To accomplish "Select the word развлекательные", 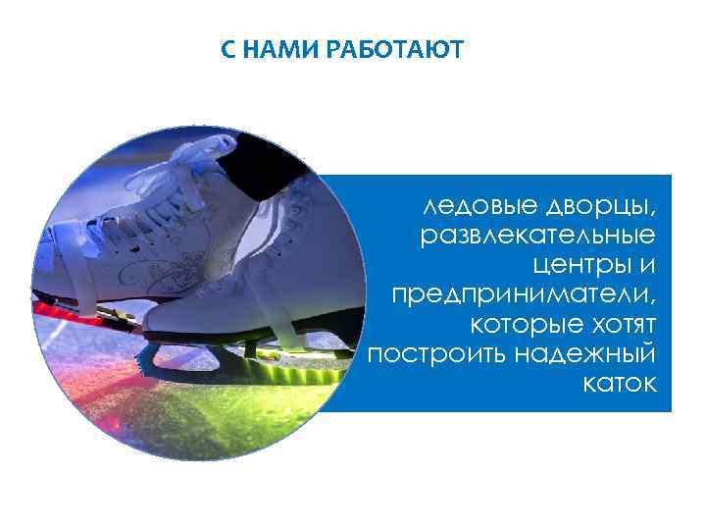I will [538, 237].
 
